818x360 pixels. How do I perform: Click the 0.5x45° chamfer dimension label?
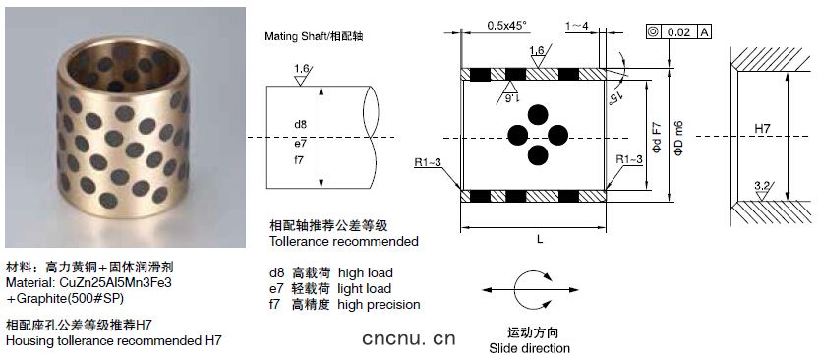(506, 25)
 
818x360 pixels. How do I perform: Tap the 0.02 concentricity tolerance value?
(678, 32)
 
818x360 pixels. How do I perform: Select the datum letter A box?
(704, 32)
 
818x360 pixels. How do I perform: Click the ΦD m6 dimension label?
(678, 139)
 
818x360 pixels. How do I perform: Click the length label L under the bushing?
(540, 239)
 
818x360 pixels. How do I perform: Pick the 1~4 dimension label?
(577, 25)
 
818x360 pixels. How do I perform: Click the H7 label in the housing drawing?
(763, 128)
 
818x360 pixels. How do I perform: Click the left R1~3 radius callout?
(428, 162)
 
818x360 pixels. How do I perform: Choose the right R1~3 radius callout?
(628, 159)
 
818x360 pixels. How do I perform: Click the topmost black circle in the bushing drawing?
(538, 115)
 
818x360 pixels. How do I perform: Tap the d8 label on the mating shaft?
(300, 124)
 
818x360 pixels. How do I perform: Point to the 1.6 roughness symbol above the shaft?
(301, 74)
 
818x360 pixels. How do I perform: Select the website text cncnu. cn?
(409, 339)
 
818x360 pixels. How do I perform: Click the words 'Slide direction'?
(530, 348)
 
